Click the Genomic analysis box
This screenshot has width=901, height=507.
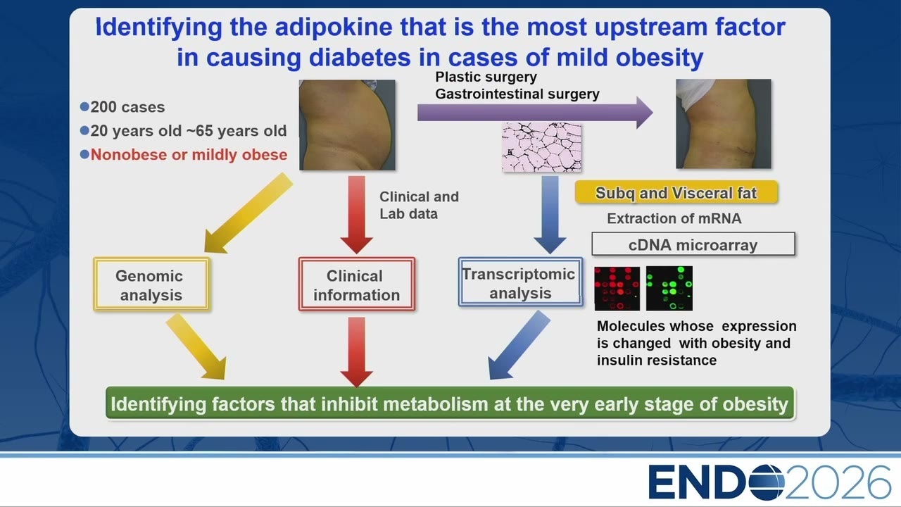tap(151, 284)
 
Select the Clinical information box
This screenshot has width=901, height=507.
tap(357, 284)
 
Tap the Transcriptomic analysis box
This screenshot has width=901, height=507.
tap(520, 282)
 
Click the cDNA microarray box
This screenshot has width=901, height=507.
tap(693, 244)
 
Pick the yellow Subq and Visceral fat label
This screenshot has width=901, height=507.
tap(676, 192)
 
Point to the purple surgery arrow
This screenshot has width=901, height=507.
tap(535, 113)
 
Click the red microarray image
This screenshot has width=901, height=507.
tap(617, 288)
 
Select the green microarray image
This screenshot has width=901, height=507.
tap(669, 288)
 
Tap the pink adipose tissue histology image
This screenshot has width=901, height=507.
tap(541, 147)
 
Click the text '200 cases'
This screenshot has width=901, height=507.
tap(127, 107)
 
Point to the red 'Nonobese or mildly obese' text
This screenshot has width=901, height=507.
tap(189, 154)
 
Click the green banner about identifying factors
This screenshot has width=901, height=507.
tap(450, 403)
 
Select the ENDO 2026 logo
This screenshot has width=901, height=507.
tap(769, 482)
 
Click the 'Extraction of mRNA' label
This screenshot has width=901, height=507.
tap(674, 218)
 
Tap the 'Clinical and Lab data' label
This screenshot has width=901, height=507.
tap(419, 205)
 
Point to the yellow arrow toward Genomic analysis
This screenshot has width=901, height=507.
tap(248, 213)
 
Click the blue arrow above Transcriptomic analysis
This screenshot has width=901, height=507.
tap(550, 215)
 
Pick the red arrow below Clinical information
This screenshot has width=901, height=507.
tap(356, 351)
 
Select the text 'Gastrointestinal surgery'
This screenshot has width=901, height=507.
tap(517, 94)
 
